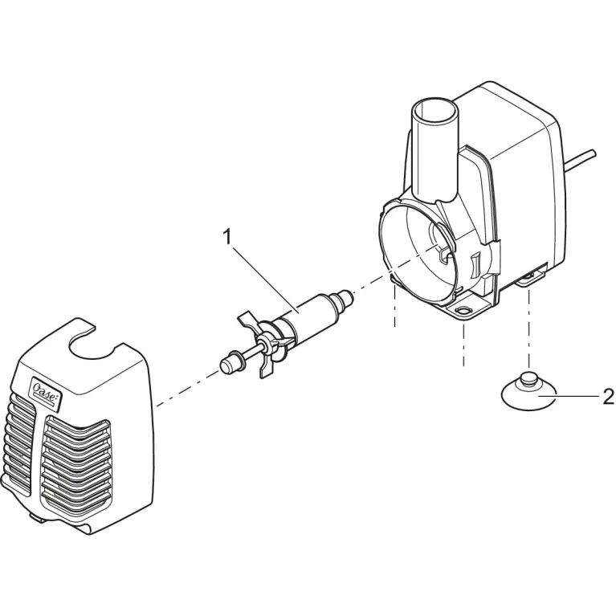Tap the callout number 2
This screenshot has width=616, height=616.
click(x=608, y=396)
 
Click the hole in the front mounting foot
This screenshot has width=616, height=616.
click(x=464, y=308)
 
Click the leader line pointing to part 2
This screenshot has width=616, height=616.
click(x=574, y=396)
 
